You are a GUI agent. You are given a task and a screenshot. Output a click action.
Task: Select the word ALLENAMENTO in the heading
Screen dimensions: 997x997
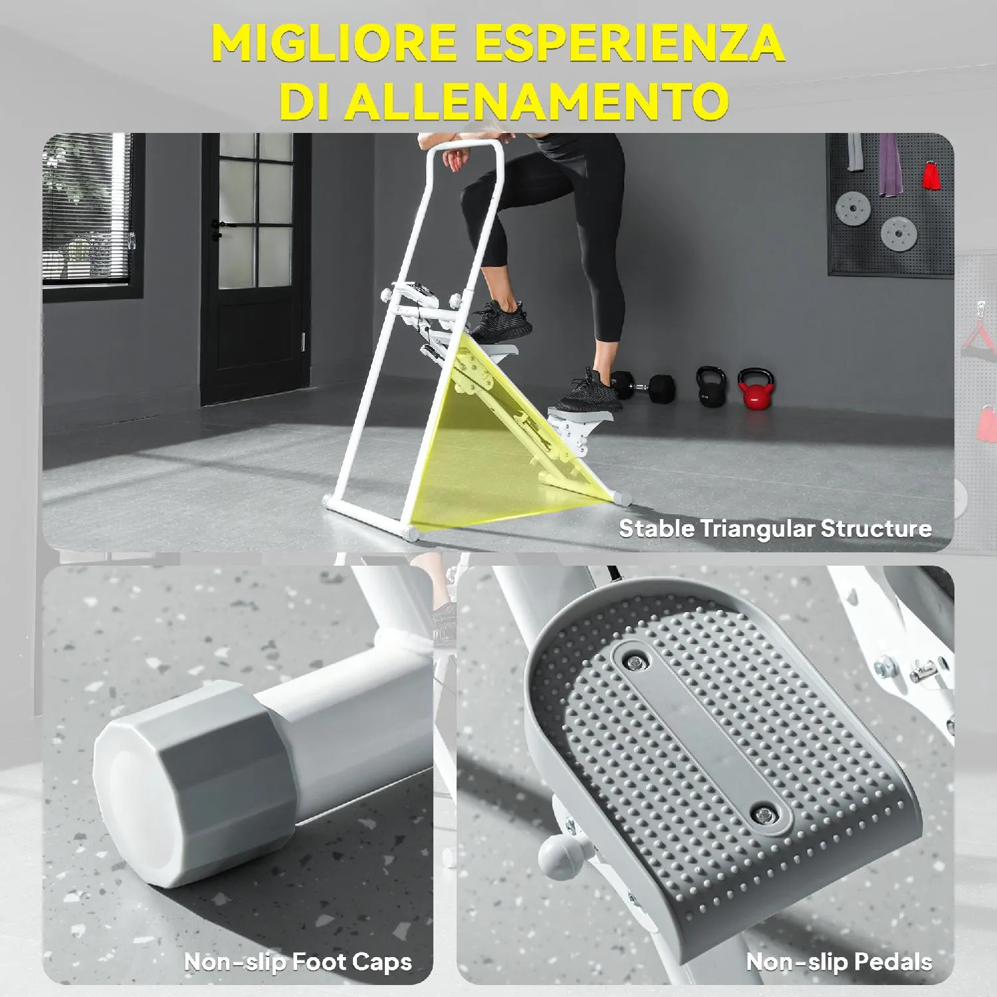[x=537, y=101]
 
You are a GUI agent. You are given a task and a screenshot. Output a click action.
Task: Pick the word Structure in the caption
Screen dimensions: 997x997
[x=876, y=528]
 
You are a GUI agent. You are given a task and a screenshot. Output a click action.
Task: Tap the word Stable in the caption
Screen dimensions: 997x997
[x=657, y=528]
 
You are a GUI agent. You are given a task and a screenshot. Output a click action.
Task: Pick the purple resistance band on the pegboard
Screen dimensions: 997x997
[x=888, y=165]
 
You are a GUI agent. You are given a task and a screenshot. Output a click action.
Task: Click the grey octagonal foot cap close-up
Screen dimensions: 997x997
[x=193, y=784]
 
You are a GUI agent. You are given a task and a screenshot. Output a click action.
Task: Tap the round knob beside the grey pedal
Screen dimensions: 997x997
[x=556, y=854]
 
